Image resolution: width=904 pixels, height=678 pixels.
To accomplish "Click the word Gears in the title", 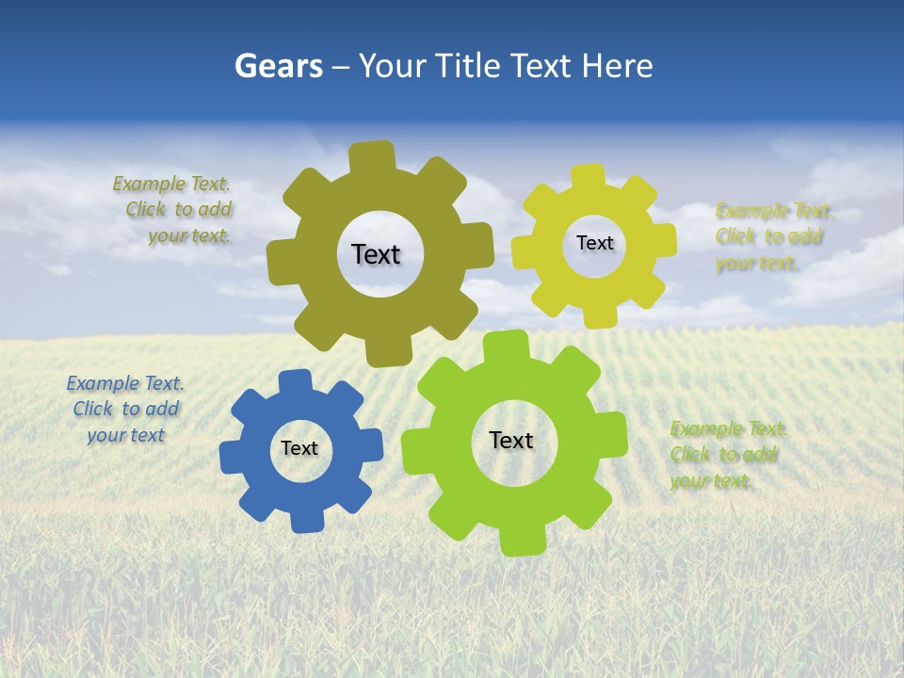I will pos(279,66).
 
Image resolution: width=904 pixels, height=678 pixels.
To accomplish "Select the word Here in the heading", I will pos(617,66).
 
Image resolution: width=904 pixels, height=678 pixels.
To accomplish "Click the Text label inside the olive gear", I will pos(376,254).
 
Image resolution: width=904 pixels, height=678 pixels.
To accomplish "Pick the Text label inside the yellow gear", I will pos(594,243).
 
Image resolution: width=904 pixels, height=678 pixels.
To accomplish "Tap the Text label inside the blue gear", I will pos(299,448).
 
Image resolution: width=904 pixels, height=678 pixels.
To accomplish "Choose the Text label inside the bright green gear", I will pos(511,440).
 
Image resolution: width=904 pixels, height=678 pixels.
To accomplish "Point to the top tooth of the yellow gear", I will pos(589,178).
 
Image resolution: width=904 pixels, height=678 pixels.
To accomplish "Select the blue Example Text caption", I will pos(125,409).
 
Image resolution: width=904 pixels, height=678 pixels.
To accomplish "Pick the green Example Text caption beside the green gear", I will pos(727,455).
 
